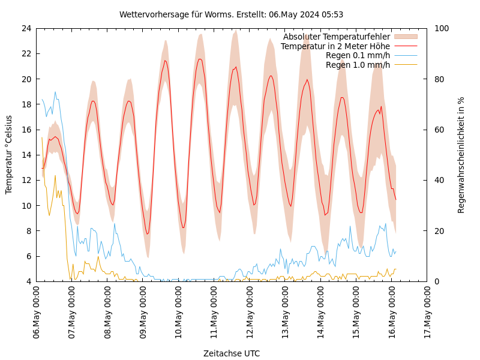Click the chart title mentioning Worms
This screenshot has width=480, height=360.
point(231,14)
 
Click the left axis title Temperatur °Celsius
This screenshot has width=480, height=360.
point(9,154)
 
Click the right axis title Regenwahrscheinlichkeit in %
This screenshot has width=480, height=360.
point(461,155)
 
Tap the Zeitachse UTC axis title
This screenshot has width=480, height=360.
point(231,353)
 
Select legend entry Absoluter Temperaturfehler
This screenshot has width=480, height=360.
point(336,37)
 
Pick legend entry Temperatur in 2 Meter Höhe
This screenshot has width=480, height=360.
point(335,46)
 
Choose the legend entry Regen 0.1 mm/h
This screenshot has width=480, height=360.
point(358,56)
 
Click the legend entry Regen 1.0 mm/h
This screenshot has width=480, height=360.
point(358,65)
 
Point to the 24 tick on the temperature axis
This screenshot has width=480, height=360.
point(26,28)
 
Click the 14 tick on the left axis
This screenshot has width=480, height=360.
point(26,155)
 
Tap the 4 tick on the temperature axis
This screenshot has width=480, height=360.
point(28,281)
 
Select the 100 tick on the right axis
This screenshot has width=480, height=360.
point(442,28)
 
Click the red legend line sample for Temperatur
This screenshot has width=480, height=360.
point(405,46)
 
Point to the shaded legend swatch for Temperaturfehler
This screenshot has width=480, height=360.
point(405,37)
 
